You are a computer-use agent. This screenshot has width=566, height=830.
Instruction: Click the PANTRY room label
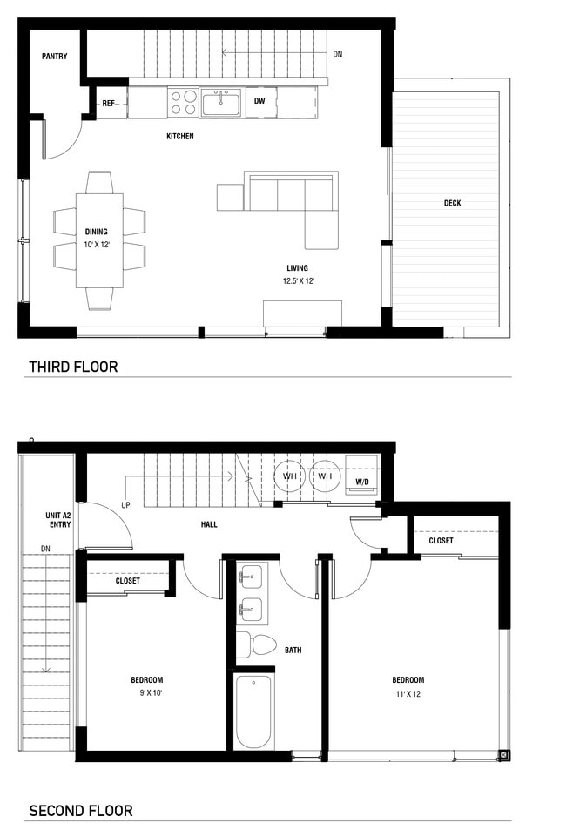54,57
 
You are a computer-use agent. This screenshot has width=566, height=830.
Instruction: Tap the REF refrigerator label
109,104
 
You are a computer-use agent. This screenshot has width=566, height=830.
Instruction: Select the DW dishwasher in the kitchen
259,101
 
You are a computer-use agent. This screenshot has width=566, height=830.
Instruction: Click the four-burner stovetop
183,103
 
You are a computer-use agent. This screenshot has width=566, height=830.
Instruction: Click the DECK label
452,203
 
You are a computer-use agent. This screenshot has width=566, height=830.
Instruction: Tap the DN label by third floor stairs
337,53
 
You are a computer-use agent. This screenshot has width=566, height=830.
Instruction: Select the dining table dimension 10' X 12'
97,245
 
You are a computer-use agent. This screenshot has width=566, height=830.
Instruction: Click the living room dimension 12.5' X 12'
298,280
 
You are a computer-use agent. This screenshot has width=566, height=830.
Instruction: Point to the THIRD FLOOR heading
73,367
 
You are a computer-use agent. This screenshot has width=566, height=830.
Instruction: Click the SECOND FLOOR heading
81,811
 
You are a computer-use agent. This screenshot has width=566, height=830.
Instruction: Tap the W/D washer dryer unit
361,481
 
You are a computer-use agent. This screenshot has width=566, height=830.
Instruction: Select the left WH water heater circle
290,476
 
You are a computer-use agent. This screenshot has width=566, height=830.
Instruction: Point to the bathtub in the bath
253,711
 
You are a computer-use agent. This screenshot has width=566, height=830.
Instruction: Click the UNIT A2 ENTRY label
59,521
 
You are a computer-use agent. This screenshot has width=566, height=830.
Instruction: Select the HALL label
209,524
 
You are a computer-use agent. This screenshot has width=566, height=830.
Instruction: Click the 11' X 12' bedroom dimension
408,694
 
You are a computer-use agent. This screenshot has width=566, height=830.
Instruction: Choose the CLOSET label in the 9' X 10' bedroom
128,580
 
